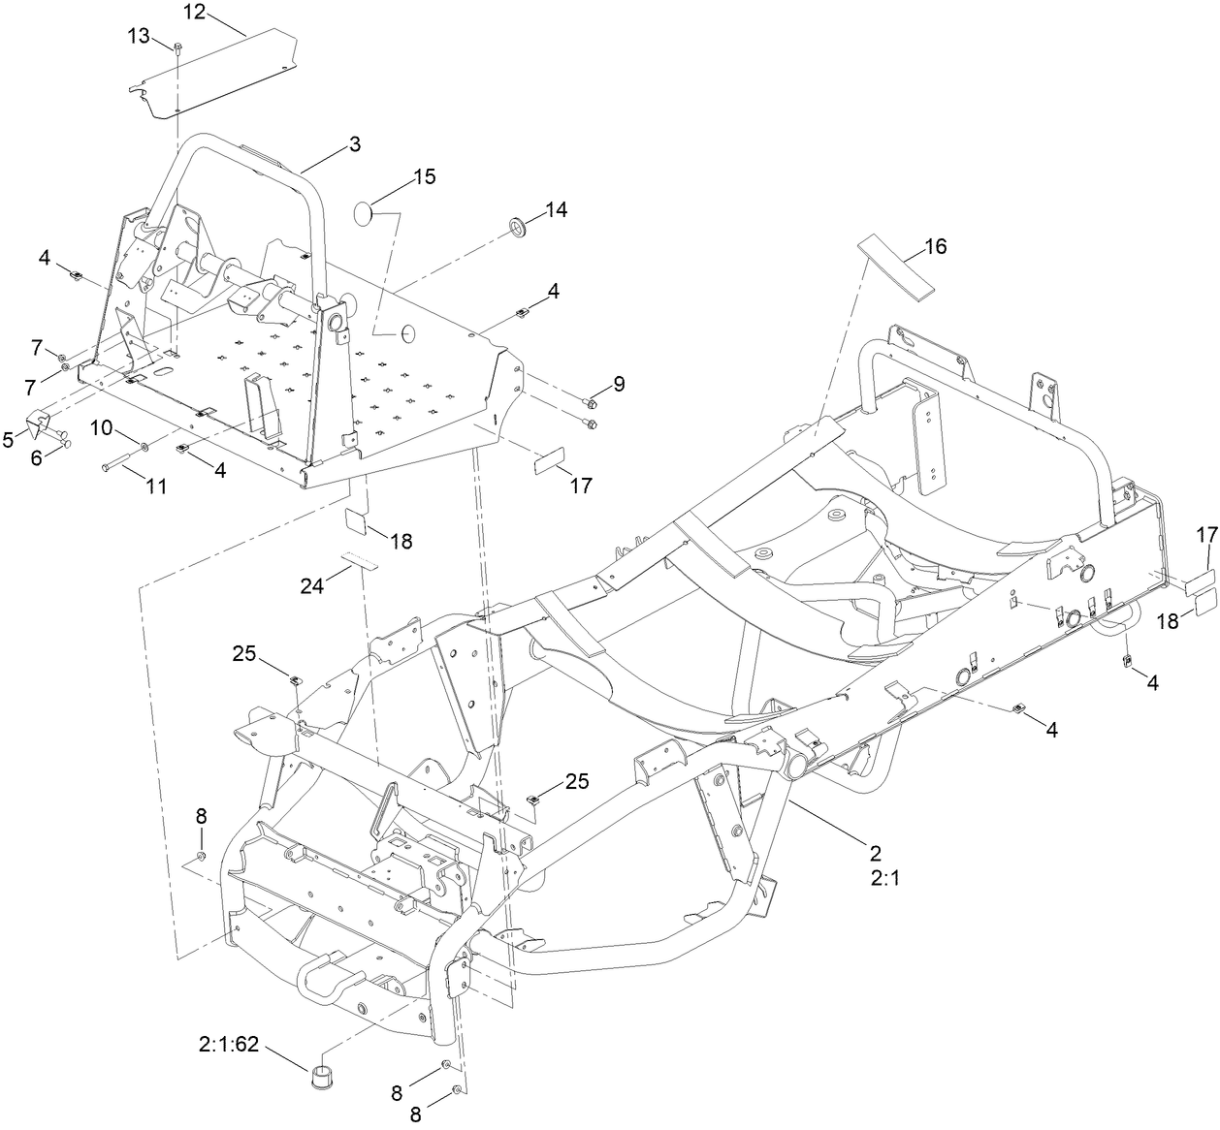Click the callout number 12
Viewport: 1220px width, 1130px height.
[x=195, y=12]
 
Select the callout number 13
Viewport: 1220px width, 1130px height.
[x=139, y=36]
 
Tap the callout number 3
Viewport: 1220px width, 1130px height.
[x=354, y=144]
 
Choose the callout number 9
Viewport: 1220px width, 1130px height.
[x=618, y=384]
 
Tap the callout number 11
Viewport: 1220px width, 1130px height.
[x=155, y=487]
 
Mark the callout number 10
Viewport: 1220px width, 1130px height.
[x=104, y=427]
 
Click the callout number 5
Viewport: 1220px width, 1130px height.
[x=10, y=439]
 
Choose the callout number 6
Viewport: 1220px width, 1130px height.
[x=37, y=458]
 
